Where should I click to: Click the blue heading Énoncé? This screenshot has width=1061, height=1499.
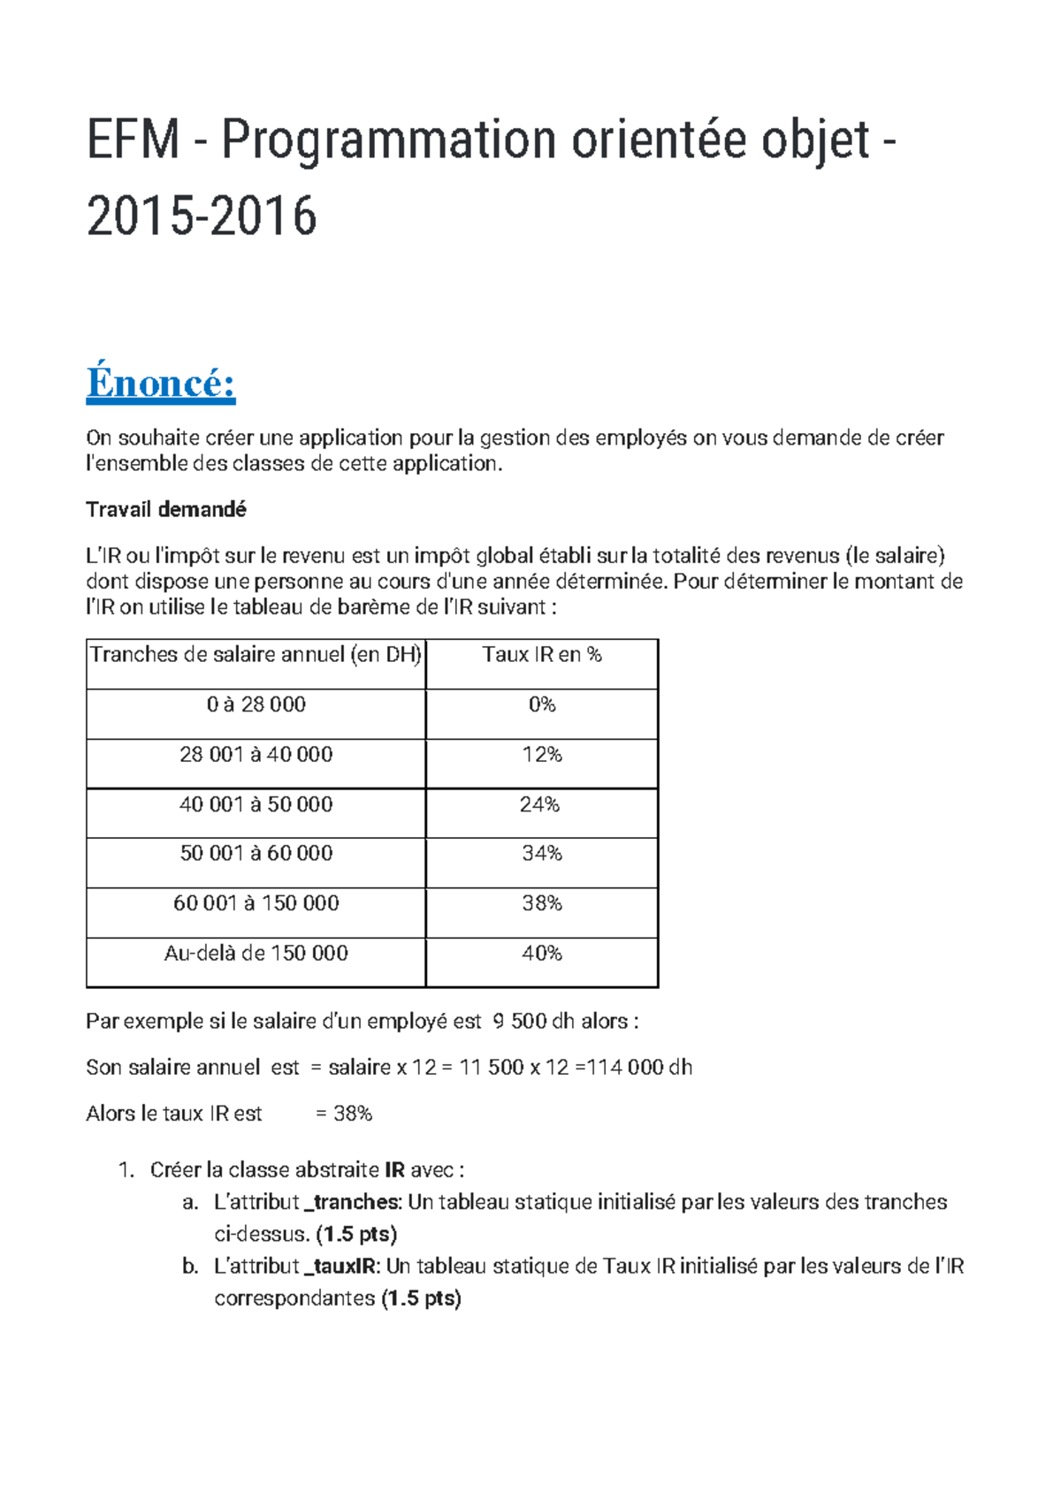[161, 384]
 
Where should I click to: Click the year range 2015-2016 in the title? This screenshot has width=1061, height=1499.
[202, 217]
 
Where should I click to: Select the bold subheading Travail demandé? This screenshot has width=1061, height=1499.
[166, 510]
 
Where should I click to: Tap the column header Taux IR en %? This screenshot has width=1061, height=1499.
[542, 655]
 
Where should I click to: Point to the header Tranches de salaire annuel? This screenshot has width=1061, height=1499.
[256, 655]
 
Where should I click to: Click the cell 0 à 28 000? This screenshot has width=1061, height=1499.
[256, 705]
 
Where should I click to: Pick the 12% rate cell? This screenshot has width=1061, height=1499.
[542, 755]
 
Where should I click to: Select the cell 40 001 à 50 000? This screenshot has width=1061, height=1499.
[256, 805]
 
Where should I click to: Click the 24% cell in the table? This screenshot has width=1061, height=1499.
[540, 805]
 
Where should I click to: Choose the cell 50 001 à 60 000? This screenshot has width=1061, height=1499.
[256, 854]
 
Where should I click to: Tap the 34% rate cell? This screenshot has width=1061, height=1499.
[542, 854]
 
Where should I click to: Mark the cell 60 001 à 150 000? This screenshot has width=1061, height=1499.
[256, 903]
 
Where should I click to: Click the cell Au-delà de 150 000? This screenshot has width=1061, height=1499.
[256, 954]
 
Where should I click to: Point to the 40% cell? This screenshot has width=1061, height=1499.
[542, 954]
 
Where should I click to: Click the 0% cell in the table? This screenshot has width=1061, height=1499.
[542, 705]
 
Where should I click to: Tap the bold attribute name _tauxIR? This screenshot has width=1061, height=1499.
[342, 1267]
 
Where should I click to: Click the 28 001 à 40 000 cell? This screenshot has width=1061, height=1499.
[256, 755]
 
